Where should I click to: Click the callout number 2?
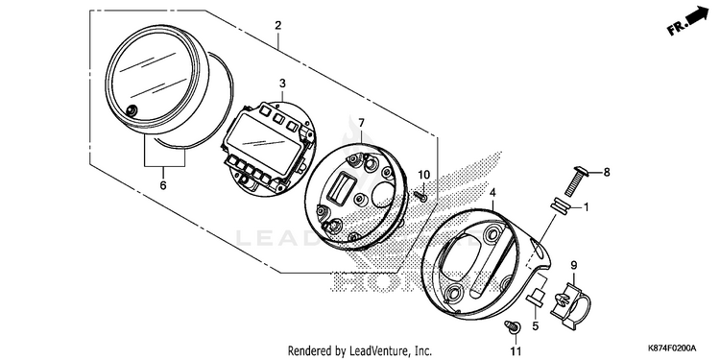[277, 26]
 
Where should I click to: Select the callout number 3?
[282, 84]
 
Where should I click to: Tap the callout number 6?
[163, 185]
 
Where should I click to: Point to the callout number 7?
[361, 123]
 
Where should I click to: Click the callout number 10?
[423, 175]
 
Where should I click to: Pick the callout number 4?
[492, 193]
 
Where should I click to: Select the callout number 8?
[607, 172]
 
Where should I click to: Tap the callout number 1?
[586, 207]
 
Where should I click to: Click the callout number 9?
[574, 265]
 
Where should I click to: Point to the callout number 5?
[536, 327]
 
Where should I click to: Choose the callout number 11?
[516, 351]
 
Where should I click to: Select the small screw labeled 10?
[420, 196]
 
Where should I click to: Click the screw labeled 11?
[513, 326]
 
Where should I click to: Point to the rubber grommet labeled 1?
[561, 205]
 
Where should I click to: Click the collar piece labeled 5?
[536, 296]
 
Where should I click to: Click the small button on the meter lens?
[132, 110]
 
